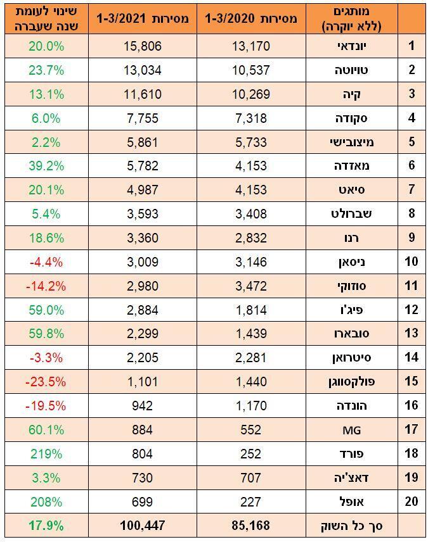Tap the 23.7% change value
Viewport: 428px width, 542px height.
(x=46, y=70)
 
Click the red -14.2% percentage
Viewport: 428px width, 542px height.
(x=46, y=286)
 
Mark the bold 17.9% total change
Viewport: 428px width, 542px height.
(x=46, y=525)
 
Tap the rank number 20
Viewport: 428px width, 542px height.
(x=412, y=501)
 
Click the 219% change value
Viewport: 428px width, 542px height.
(x=46, y=453)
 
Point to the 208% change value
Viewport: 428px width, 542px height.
(x=46, y=501)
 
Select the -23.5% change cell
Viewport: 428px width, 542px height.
(x=46, y=381)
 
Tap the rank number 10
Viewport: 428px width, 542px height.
(x=412, y=262)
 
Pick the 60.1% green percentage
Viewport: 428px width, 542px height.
(x=46, y=430)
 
